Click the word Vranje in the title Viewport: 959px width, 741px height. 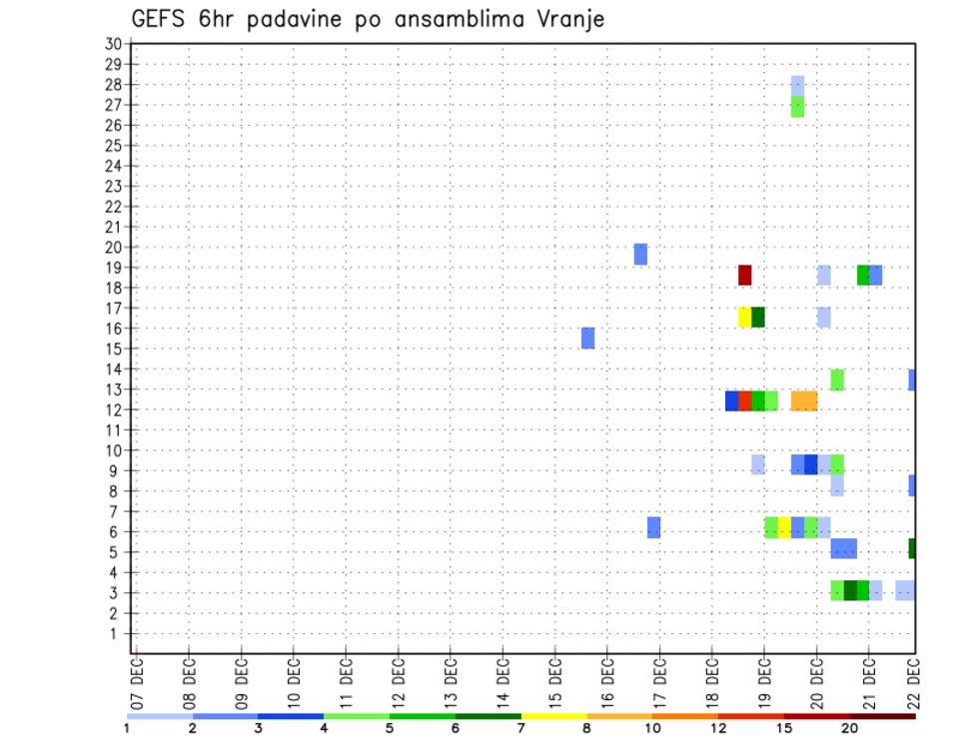coord(568,19)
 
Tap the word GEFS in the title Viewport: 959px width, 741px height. coord(159,19)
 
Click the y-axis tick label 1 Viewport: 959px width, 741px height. coord(116,633)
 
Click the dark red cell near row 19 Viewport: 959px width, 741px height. coord(744,276)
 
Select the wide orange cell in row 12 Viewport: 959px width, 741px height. coord(804,400)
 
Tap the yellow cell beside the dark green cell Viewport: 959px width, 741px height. coord(744,317)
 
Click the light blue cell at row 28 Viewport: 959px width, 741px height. coord(797,86)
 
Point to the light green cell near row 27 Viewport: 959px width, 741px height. coord(797,106)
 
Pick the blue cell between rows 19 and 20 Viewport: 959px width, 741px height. coord(640,255)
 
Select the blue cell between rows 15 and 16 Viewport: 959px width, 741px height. coord(587,338)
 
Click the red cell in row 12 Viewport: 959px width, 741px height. coord(744,400)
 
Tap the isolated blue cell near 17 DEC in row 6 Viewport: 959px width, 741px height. coord(653,527)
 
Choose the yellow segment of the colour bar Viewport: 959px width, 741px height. coord(554,716)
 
